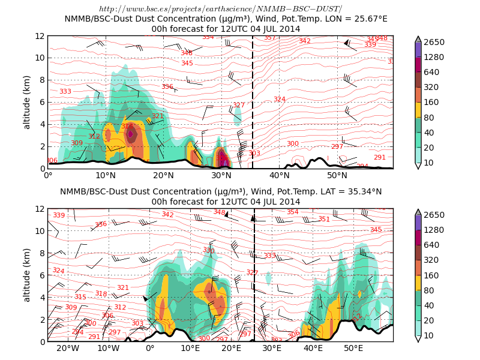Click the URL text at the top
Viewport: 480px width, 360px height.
coord(220,9)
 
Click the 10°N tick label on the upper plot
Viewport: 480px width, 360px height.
coord(106,175)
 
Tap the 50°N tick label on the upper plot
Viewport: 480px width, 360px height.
coord(337,175)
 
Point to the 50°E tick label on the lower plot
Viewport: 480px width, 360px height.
coord(353,348)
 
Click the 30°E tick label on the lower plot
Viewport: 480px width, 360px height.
coord(272,348)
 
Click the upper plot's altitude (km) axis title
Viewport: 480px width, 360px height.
coord(27,102)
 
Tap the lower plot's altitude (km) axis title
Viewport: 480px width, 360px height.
coord(27,275)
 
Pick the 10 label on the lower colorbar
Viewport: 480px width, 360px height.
coord(429,335)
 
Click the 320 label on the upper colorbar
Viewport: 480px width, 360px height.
coord(431,87)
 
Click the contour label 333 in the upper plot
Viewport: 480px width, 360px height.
coord(65,91)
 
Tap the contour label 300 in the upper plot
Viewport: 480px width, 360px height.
coord(292,144)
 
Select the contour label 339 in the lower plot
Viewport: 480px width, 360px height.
coord(59,215)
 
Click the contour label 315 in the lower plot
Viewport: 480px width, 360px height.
coord(80,297)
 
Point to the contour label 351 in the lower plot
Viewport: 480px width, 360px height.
coord(324,220)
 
